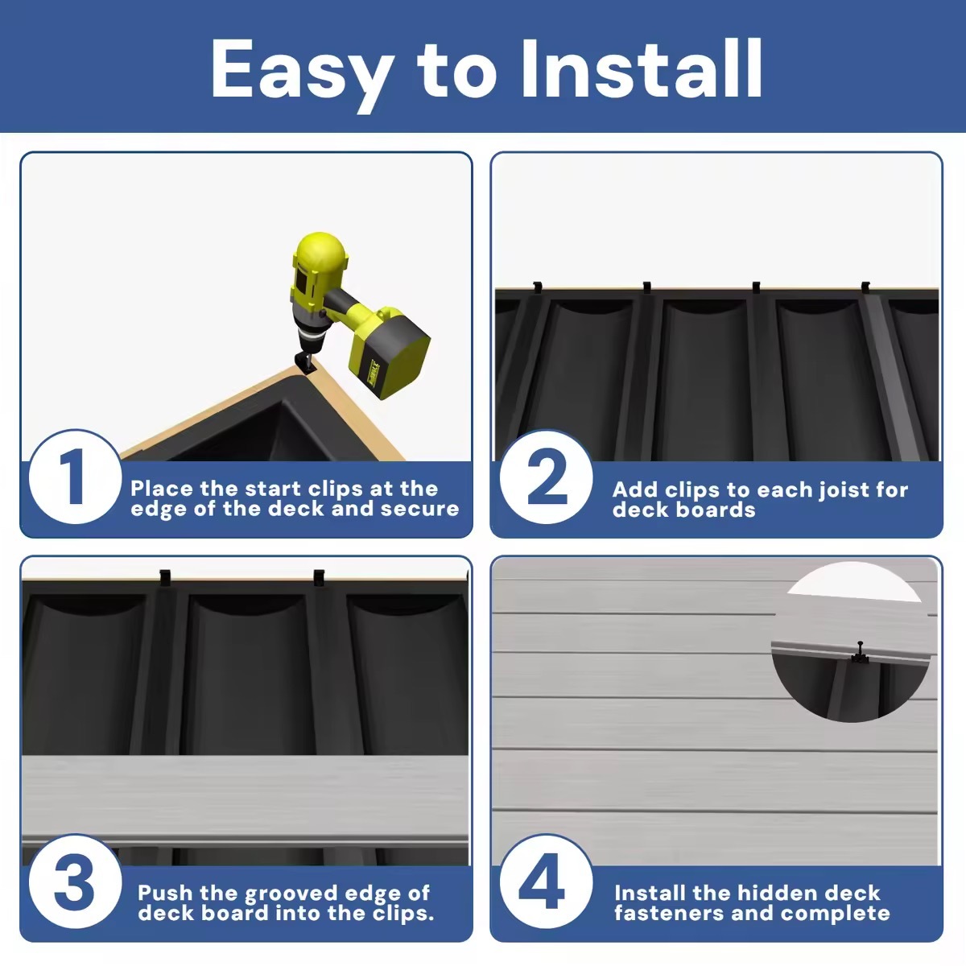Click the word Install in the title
[x=642, y=68]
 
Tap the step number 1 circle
[x=75, y=477]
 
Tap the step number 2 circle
[x=546, y=477]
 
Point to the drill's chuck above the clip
[x=305, y=341]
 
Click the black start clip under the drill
[x=305, y=362]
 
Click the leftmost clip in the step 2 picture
[x=538, y=288]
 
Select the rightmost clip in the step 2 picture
[x=865, y=288]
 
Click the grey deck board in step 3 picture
[x=246, y=801]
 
